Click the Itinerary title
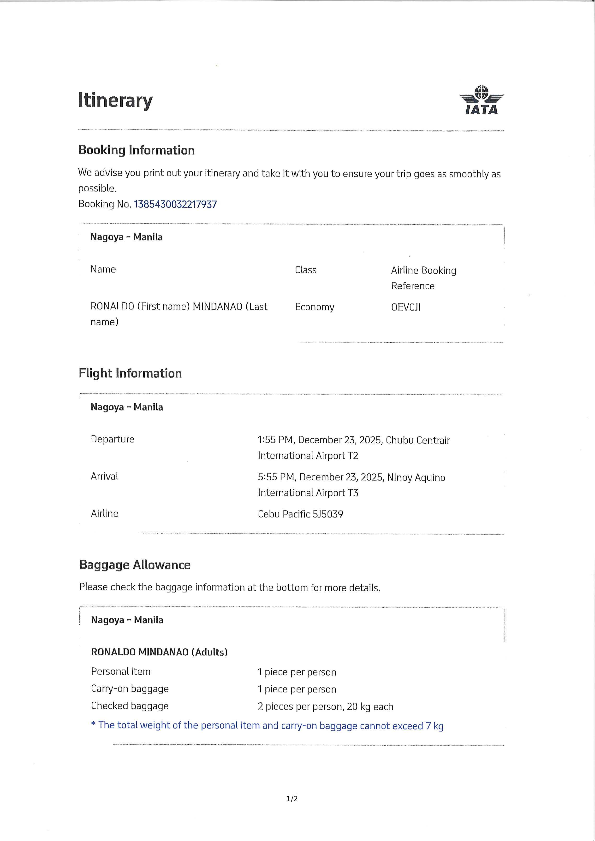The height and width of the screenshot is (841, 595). pyautogui.click(x=115, y=100)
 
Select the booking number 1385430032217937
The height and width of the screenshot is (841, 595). pyautogui.click(x=175, y=204)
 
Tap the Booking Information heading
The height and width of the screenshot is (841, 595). pyautogui.click(x=136, y=150)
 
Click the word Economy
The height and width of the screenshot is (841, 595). pyautogui.click(x=314, y=307)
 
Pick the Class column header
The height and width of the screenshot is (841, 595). pyautogui.click(x=306, y=270)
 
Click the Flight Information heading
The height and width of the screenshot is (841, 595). pyautogui.click(x=130, y=373)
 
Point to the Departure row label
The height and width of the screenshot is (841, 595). pyautogui.click(x=113, y=439)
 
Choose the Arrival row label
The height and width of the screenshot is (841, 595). pyautogui.click(x=104, y=476)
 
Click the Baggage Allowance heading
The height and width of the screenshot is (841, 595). pyautogui.click(x=134, y=565)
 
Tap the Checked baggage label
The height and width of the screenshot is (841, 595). pyautogui.click(x=130, y=706)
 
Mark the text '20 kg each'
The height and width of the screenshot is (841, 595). pyautogui.click(x=370, y=706)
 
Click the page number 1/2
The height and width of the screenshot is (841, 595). pyautogui.click(x=292, y=799)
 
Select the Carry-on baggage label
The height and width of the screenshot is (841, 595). pyautogui.click(x=130, y=689)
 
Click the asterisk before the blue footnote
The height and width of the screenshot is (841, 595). pyautogui.click(x=93, y=724)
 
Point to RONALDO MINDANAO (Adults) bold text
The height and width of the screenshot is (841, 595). pyautogui.click(x=159, y=652)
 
